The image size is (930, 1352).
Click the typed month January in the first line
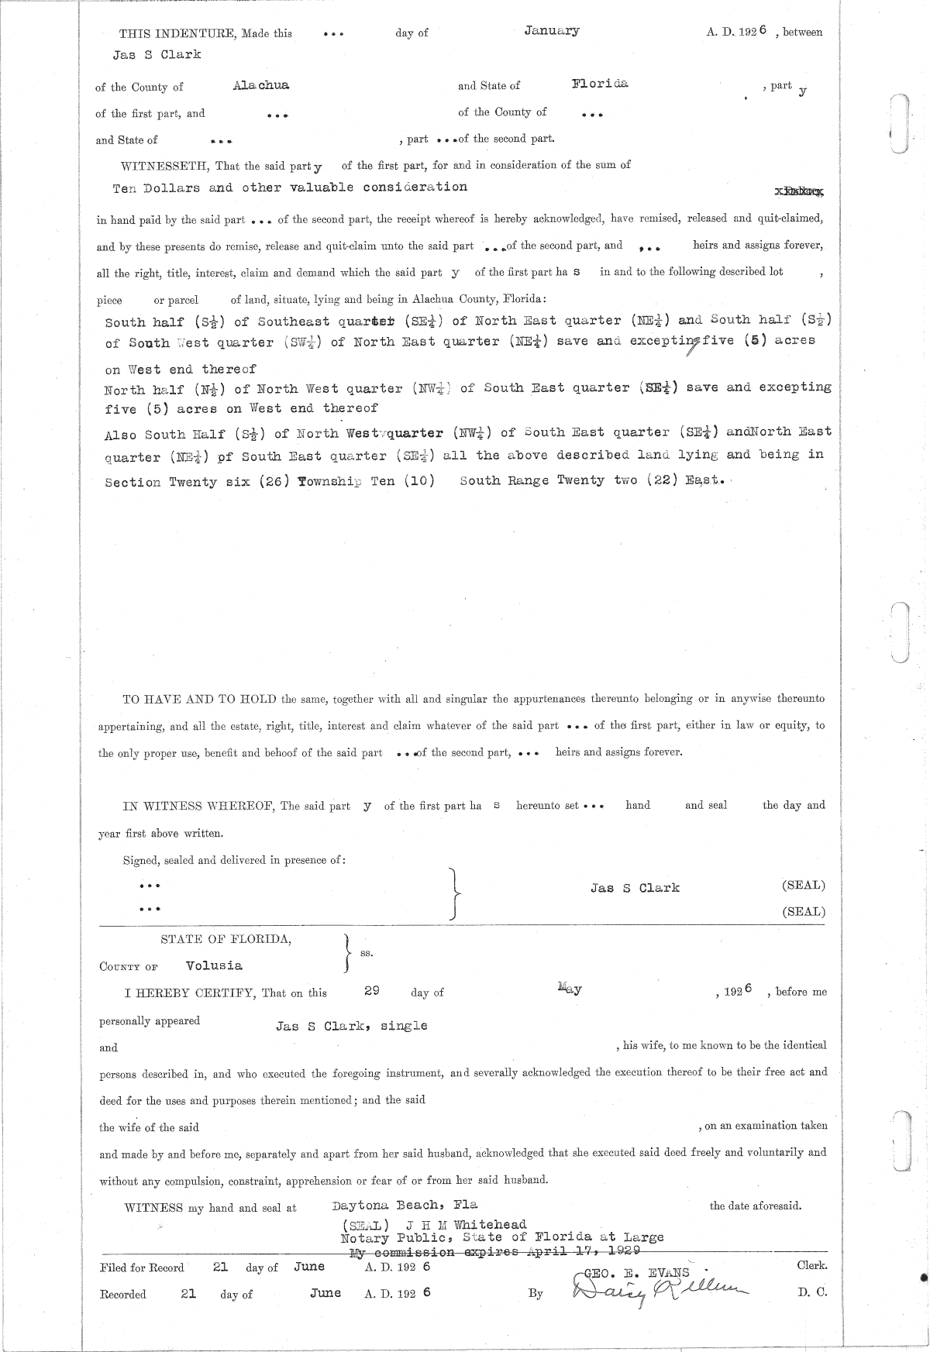click(551, 31)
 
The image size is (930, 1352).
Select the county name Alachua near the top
click(260, 86)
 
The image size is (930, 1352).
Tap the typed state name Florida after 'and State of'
click(601, 84)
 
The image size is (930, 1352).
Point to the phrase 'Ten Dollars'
click(157, 187)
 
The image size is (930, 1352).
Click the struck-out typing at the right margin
click(799, 190)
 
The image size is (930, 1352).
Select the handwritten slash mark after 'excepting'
click(691, 348)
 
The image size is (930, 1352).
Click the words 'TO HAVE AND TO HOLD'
click(200, 699)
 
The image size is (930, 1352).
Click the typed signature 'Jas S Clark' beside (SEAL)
click(635, 888)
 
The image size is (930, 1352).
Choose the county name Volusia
click(214, 965)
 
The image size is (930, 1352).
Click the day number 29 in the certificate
click(372, 991)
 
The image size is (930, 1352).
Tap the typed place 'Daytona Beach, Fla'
click(404, 1205)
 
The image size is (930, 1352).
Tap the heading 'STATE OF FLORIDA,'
click(226, 939)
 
